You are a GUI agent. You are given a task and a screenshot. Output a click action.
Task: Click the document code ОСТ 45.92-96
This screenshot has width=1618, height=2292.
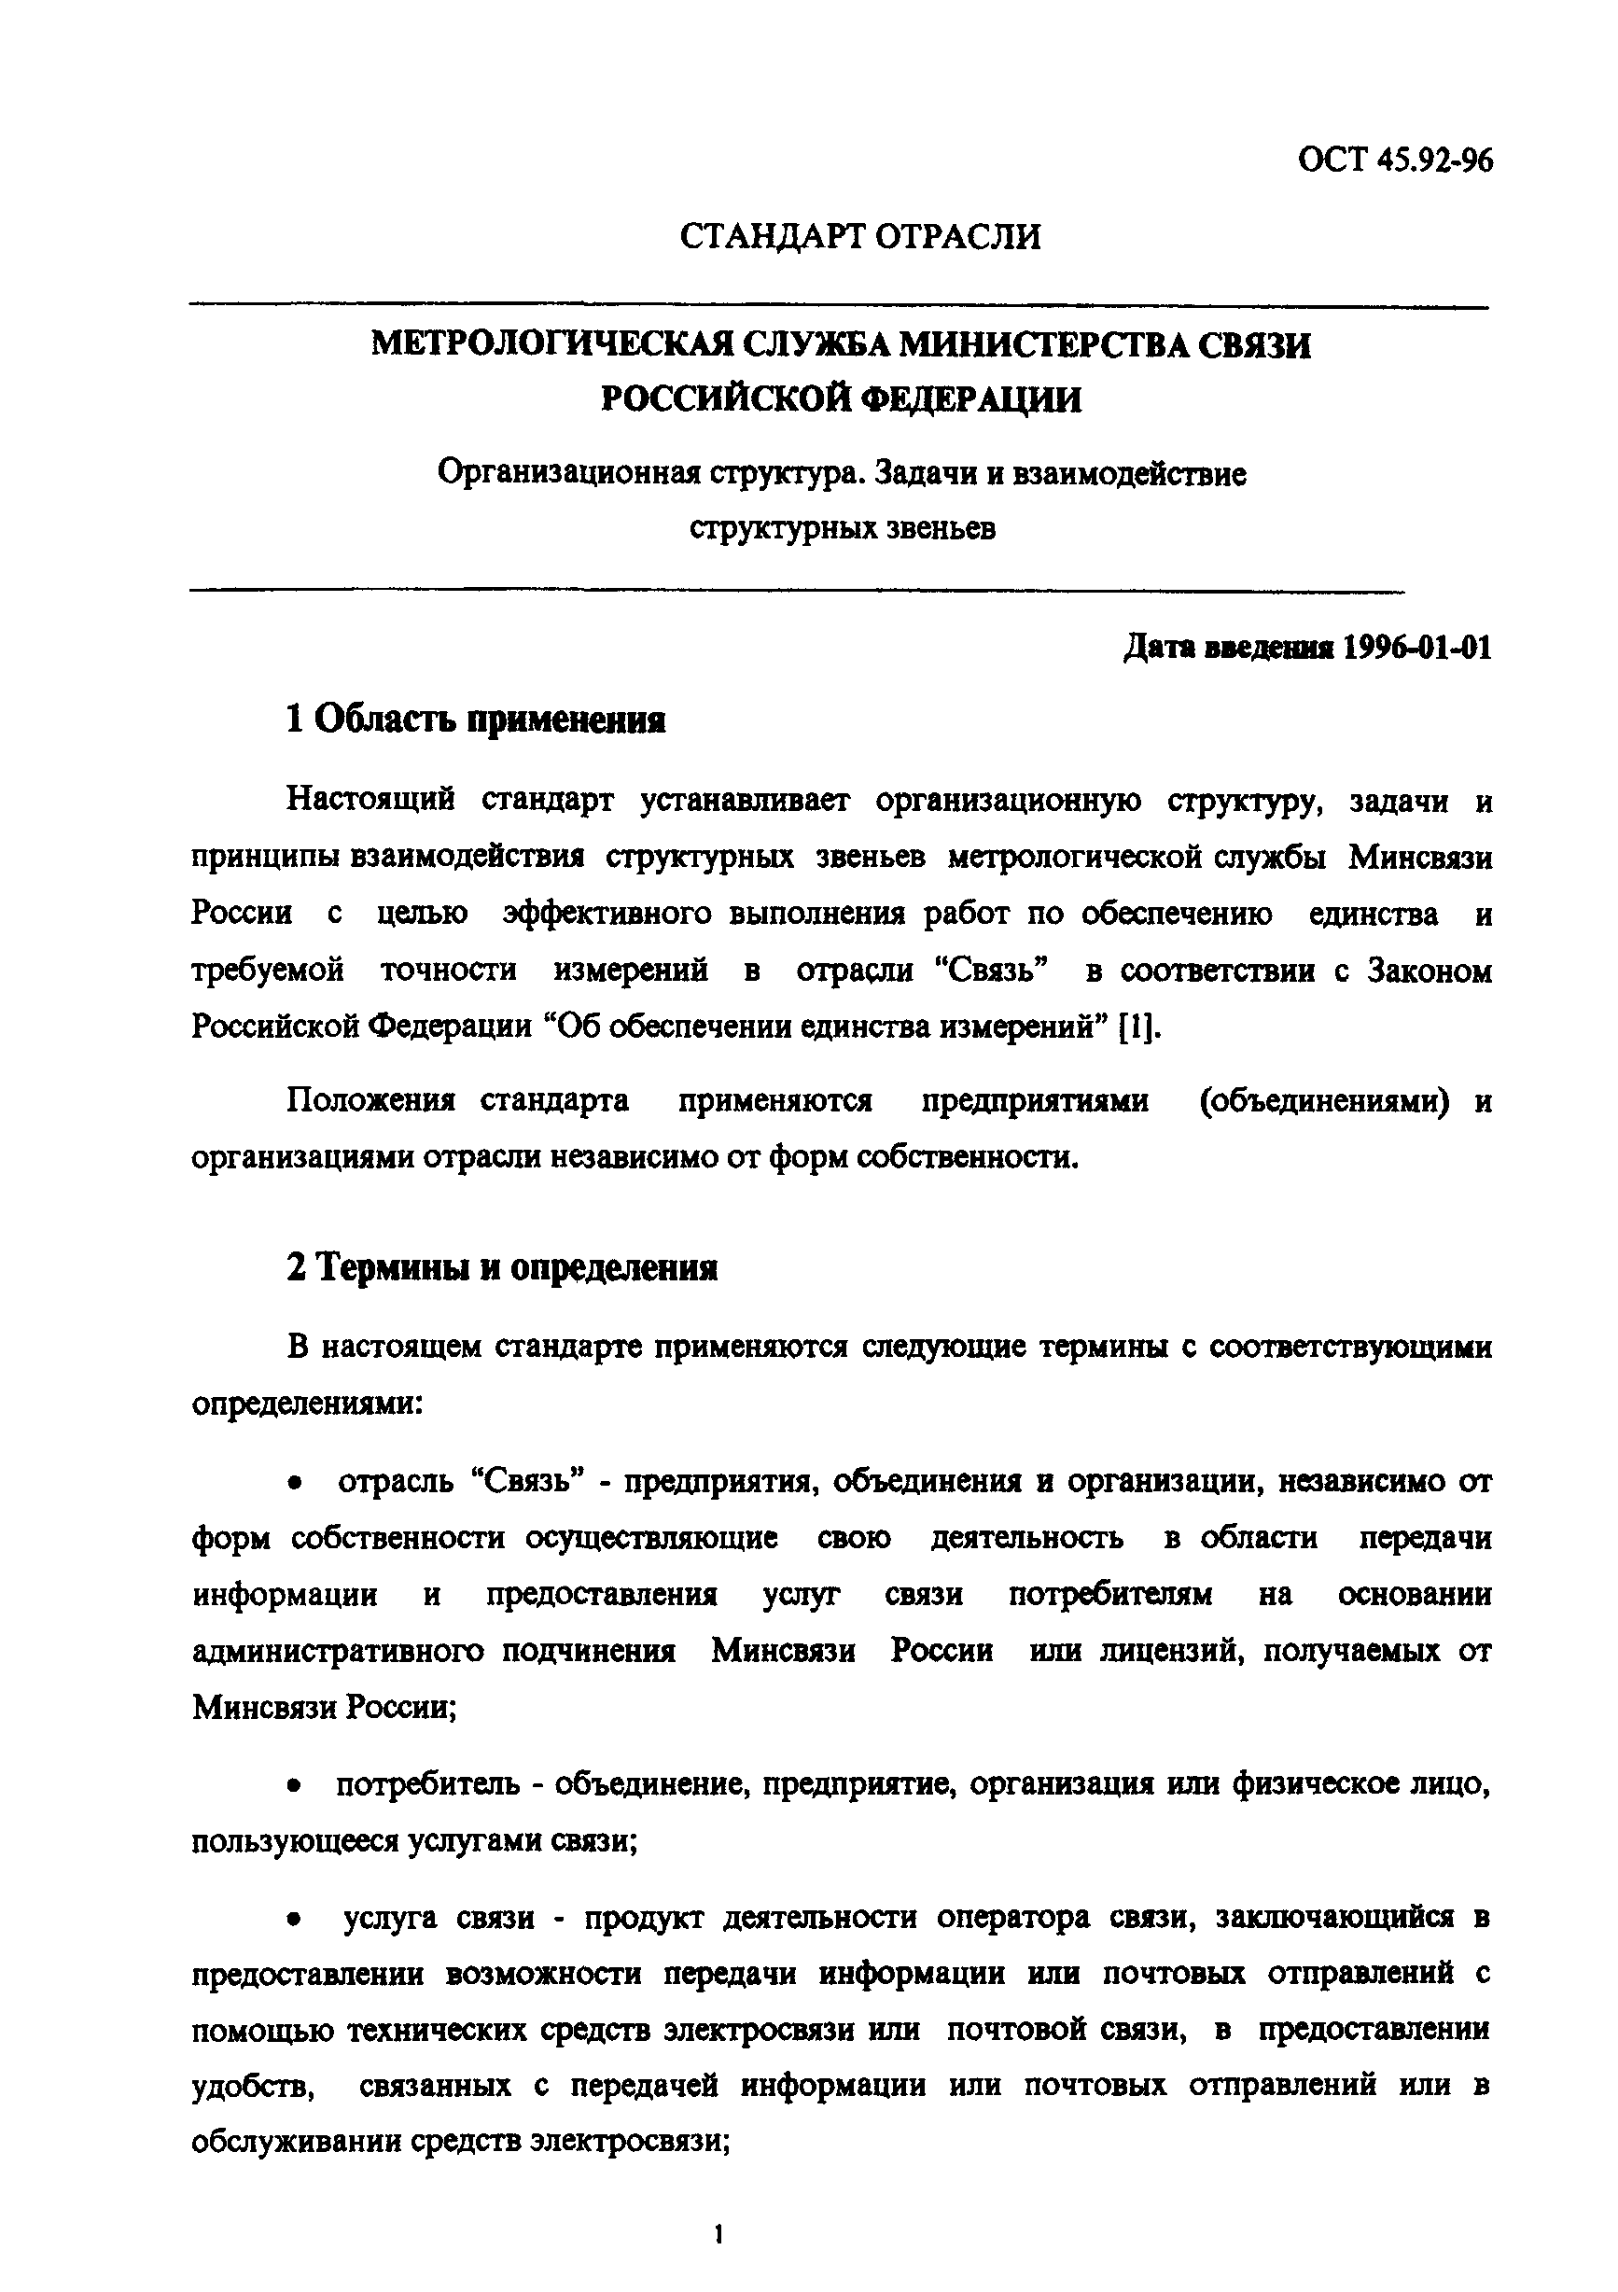coord(1394,161)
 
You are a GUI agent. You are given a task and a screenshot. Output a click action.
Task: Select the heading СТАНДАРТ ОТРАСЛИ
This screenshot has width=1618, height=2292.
coord(860,237)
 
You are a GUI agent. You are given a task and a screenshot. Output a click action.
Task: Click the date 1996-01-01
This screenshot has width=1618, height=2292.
coord(1417,648)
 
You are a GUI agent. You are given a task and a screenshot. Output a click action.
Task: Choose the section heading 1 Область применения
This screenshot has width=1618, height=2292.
coord(475,720)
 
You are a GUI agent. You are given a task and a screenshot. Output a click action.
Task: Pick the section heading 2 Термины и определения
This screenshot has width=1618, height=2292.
coord(502,1268)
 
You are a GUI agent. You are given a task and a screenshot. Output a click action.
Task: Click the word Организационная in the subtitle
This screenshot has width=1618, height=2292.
coord(564,472)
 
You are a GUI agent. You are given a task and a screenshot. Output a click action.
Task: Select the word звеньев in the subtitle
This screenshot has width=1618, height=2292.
coord(940,528)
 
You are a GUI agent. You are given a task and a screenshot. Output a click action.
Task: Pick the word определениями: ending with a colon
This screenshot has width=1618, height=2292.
coord(307,1404)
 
